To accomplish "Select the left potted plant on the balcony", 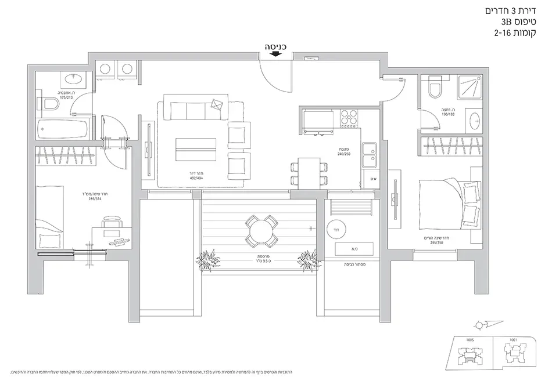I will [210, 260].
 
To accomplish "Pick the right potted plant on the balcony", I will [308, 260].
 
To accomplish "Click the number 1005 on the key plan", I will [471, 340].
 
